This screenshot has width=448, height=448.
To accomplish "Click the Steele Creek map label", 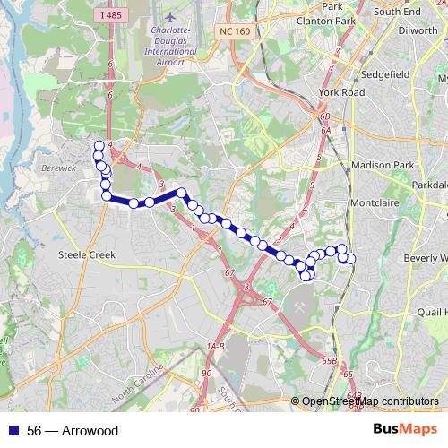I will (87, 254).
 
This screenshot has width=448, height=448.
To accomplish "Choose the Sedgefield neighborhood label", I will (387, 74).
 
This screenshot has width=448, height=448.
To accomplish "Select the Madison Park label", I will (384, 165).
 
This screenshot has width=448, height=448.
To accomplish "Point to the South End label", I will (398, 11).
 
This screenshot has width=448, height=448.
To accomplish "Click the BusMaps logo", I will (403, 430).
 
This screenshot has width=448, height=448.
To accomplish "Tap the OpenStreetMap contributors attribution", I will (369, 401).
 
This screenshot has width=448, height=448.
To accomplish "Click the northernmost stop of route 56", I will (99, 145).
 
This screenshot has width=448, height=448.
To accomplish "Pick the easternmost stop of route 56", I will (351, 259).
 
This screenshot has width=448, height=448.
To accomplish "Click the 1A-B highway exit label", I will (216, 346).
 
